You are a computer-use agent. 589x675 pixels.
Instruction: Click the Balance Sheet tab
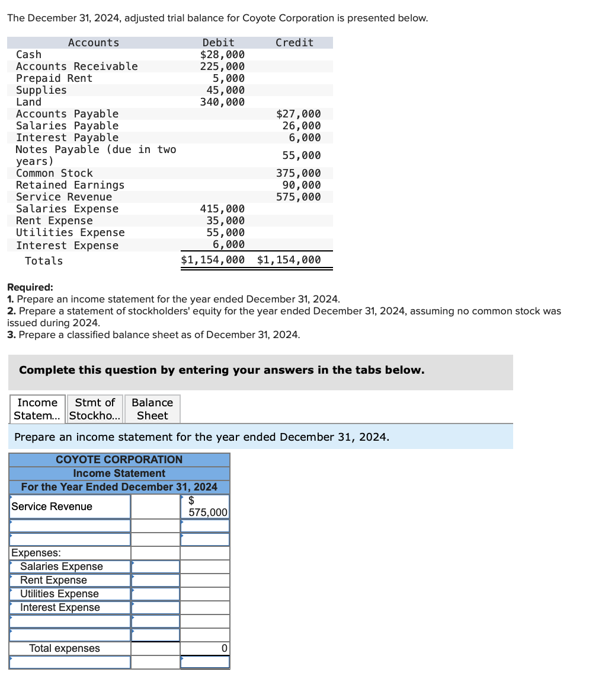pos(152,409)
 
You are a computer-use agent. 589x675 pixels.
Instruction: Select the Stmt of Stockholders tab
pos(95,409)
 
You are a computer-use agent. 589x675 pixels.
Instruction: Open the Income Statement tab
pos(37,409)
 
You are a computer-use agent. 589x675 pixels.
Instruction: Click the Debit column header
pos(218,43)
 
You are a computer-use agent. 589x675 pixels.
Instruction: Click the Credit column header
pos(294,43)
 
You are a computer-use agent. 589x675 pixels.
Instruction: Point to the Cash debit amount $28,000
pos(222,55)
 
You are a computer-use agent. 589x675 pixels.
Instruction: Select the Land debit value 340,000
pos(222,102)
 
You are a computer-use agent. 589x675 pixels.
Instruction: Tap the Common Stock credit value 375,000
pos(298,173)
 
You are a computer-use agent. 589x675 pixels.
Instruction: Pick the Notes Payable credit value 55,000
pos(301,155)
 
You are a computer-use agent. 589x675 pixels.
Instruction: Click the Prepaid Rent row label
pos(54,78)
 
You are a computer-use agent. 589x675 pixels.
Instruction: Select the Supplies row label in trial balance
pos(41,90)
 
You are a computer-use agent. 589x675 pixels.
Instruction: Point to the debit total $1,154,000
pos(213,260)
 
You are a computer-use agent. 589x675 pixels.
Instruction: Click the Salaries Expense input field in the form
pos(155,566)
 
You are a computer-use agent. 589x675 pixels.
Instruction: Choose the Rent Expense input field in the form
pos(155,580)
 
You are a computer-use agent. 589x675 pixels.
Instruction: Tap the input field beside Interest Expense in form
pos(155,607)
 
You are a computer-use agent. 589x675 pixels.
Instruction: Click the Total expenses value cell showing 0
pos(205,648)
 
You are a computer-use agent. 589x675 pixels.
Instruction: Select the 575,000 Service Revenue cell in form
pos(205,507)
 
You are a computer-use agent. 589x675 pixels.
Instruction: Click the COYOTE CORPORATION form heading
pos(119,460)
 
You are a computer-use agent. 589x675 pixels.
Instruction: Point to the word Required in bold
pos(30,287)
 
